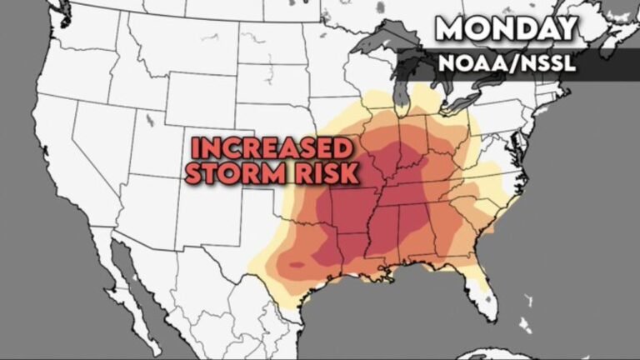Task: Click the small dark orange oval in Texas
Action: click(x=297, y=266)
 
